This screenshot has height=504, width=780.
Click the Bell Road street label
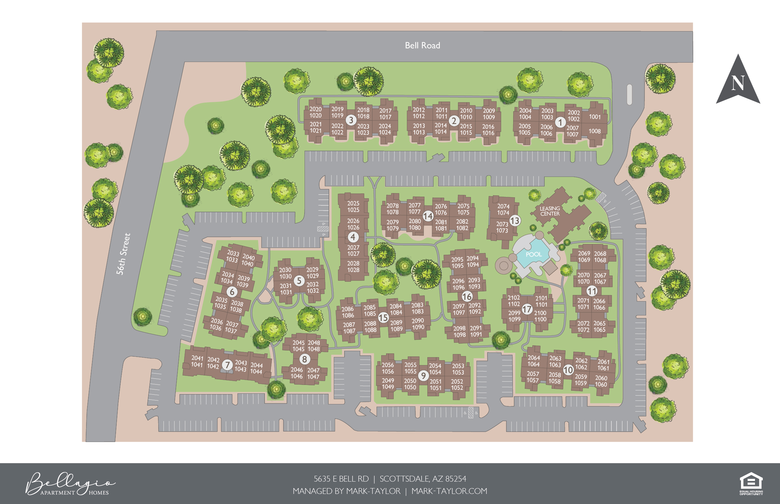click(422, 45)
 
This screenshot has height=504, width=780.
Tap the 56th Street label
click(123, 254)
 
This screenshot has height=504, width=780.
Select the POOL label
click(533, 254)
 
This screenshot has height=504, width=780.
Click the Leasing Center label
click(550, 211)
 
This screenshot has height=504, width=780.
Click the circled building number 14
click(428, 216)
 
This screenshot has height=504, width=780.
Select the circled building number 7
click(227, 364)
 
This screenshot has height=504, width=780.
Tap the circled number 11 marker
click(591, 291)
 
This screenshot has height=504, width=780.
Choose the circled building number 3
click(351, 120)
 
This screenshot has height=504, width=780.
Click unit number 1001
click(594, 117)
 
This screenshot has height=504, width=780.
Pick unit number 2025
click(353, 203)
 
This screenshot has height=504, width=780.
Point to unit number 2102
click(513, 298)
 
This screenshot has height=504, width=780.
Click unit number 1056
click(388, 372)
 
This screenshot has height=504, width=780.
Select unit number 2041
click(197, 358)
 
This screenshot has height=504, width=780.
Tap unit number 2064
click(534, 358)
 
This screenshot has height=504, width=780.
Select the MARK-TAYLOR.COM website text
click(449, 491)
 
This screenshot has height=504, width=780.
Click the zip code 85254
click(456, 479)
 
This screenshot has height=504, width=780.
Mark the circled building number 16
click(467, 297)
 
